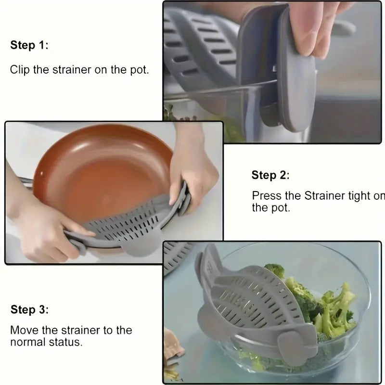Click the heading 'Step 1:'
click(x=29, y=46)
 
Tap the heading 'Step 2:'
click(x=270, y=176)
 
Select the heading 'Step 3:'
click(x=30, y=309)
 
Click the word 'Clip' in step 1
click(x=19, y=70)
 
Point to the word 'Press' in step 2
click(x=265, y=196)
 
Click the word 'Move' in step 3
click(x=23, y=331)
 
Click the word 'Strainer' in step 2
click(x=324, y=196)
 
